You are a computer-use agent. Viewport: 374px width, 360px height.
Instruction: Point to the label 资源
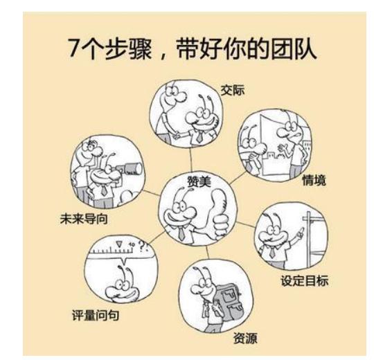point(245,341)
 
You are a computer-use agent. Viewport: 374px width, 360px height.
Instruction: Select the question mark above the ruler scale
point(145,244)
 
